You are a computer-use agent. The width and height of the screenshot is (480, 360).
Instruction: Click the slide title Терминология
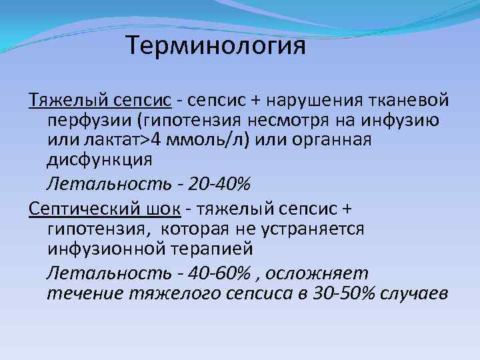(215, 47)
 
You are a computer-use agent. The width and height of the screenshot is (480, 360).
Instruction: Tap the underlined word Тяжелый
(65, 101)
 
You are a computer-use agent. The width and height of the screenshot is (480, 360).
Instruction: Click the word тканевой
(411, 101)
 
